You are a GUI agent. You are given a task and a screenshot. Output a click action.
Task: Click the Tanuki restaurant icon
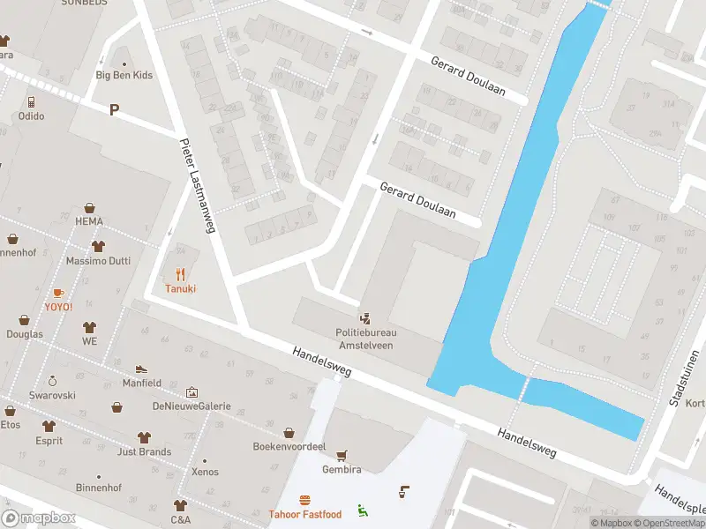tap(181, 273)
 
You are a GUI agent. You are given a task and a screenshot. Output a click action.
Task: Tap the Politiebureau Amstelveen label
tap(365, 339)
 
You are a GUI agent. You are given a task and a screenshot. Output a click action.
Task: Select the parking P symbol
tap(113, 109)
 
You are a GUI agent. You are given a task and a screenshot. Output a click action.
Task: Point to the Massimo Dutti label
tap(97, 262)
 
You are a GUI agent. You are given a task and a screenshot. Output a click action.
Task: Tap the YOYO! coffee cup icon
tap(58, 292)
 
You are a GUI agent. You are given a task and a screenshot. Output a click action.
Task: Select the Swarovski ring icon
tap(52, 381)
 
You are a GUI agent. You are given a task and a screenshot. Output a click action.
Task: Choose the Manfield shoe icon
tap(141, 369)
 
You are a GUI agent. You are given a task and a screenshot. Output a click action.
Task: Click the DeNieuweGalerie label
tap(192, 406)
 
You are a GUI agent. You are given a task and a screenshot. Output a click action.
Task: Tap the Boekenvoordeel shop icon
tap(289, 432)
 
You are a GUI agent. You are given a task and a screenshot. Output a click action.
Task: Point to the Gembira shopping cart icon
tap(341, 455)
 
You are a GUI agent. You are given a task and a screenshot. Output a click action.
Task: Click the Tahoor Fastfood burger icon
tap(304, 500)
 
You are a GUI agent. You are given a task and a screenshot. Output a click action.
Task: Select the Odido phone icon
tap(31, 101)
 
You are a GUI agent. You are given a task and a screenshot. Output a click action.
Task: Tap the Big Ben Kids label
tap(124, 76)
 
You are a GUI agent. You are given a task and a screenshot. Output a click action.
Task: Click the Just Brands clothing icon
tap(144, 437)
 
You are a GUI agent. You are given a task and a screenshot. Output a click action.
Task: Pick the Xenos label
tap(205, 473)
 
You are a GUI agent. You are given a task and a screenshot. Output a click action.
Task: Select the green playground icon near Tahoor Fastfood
tap(362, 509)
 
